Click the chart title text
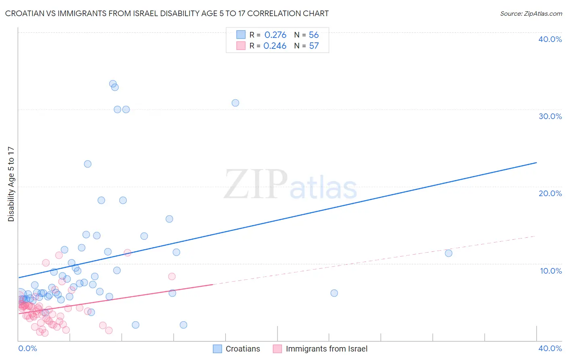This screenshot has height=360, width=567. click(167, 13)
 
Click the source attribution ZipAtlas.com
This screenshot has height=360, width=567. click(531, 13)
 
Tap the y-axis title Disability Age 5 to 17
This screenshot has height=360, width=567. click(11, 184)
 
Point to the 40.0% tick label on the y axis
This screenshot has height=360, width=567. click(550, 39)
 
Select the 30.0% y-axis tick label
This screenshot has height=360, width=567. click(550, 116)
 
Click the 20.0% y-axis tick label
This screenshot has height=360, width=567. click(550, 193)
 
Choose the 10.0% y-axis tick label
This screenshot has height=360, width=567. click(550, 271)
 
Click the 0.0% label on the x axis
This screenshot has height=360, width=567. click(27, 348)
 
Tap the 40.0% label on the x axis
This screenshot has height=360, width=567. click(550, 348)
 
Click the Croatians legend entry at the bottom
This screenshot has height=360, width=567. click(242, 349)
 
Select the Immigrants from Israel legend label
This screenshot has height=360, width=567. click(326, 349)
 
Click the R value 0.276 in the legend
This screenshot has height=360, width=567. click(275, 35)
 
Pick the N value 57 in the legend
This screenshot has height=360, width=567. click(314, 46)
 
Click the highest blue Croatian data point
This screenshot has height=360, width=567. click(113, 84)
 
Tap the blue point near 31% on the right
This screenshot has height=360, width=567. click(235, 103)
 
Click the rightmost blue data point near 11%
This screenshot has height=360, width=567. click(448, 253)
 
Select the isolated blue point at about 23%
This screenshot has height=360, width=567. click(88, 164)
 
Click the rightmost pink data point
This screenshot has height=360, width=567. click(172, 276)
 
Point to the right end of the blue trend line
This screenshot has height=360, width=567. click(536, 163)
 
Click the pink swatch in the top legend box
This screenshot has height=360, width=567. click(241, 46)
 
